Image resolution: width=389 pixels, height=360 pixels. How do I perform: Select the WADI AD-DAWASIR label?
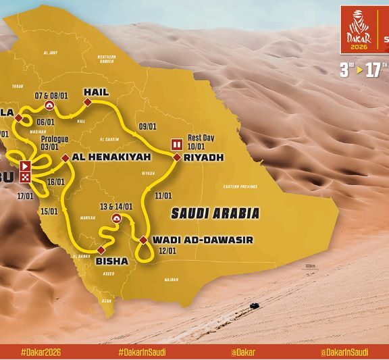193,240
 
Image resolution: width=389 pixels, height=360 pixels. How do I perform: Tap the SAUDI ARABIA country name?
215,213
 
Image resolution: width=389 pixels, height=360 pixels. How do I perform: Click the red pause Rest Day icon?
177,144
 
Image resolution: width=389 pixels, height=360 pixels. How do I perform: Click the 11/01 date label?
163,196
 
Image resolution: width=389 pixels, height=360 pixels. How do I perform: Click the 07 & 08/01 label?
49,95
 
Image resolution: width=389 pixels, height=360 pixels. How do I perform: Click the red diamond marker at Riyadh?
176,158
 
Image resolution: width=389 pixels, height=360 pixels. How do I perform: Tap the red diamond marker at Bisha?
101,250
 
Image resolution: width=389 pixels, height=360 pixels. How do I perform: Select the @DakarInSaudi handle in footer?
344,352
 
